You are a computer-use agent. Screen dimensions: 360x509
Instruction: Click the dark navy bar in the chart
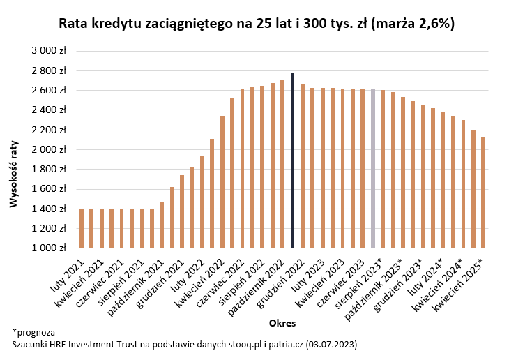click(293, 160)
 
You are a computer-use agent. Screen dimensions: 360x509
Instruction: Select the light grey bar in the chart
click(373, 168)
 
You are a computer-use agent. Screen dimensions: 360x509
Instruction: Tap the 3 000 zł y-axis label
click(50, 51)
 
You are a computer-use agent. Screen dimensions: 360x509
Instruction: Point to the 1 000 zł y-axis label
click(50, 248)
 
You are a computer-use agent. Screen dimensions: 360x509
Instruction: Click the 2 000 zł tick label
click(50, 149)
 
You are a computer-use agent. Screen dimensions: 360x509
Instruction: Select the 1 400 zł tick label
click(50, 209)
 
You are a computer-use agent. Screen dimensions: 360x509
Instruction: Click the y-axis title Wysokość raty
click(13, 174)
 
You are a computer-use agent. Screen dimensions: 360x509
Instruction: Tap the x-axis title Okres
click(282, 323)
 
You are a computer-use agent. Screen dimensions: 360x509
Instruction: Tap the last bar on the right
click(484, 192)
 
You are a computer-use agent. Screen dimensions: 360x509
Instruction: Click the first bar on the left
click(81, 228)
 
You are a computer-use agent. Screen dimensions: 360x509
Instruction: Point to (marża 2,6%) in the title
click(413, 24)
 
